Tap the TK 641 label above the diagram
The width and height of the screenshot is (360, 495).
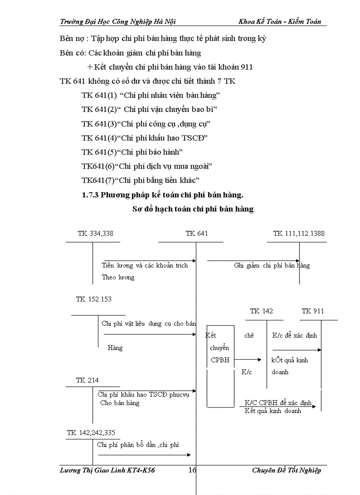196,234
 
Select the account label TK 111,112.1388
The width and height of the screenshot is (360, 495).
299,234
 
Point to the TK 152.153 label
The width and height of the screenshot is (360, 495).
94,299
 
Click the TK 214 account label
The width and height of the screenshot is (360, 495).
87,380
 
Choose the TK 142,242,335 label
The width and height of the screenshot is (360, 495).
91,433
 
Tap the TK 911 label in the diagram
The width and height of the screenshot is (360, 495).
313,311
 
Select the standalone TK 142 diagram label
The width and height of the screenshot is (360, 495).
261,311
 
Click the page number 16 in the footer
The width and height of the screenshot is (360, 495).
192,470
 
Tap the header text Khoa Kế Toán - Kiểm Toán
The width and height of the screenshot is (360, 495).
280,22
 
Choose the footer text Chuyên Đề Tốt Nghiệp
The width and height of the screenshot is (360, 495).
286,470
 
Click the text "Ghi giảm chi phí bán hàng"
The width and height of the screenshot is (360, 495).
272,265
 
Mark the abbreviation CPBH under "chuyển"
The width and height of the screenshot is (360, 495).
220,360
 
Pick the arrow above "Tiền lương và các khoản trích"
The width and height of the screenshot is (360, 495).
150,261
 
